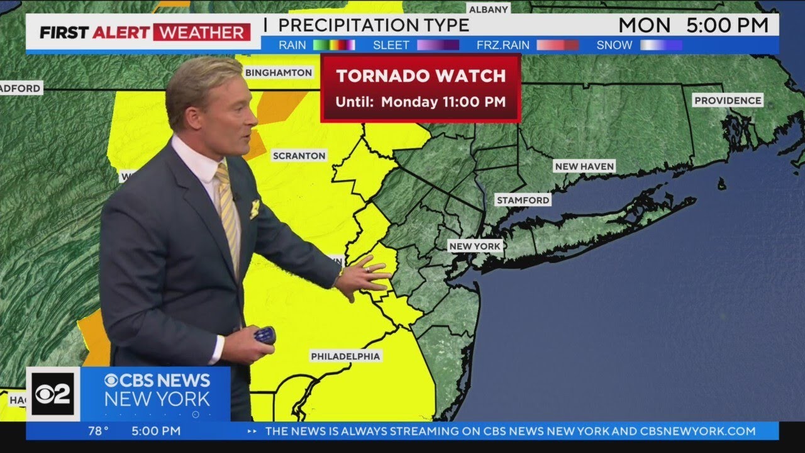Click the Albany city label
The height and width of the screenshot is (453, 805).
pos(488,9)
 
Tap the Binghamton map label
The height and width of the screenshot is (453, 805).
pos(279,72)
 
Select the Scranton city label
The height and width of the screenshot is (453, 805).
pos(299,155)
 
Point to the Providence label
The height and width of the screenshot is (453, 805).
pos(728,100)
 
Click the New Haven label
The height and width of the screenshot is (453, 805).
pos(584,166)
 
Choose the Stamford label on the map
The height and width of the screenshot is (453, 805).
pos(523,200)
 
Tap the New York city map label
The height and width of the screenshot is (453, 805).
pos(475,246)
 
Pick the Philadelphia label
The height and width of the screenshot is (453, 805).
pos(345,356)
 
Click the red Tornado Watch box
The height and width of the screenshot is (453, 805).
pos(421,87)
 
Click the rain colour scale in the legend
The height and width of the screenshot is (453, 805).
pos(335,45)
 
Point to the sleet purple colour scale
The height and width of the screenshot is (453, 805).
pos(438,45)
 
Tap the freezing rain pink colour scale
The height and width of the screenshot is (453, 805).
pos(557,45)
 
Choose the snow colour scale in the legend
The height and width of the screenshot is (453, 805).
pos(661,45)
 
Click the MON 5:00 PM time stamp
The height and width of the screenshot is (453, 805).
pos(693,25)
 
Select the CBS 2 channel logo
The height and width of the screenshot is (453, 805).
pos(53,393)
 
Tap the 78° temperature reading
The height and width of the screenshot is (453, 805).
pos(98,431)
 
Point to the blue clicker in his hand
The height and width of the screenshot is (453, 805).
pos(265,335)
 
